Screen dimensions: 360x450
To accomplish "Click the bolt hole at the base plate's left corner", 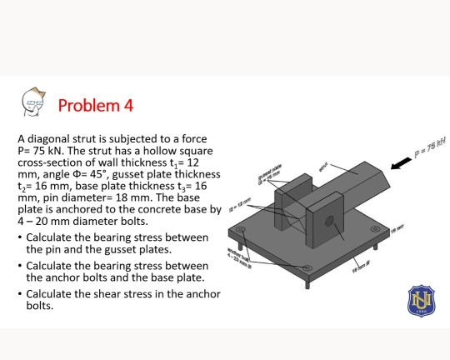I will point(242,228).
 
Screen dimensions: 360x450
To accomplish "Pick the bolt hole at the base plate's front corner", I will point(309,267).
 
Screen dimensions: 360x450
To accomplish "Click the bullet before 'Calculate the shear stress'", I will point(20,295).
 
